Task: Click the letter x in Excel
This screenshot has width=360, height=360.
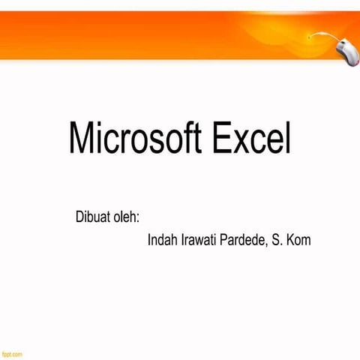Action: click(x=241, y=142)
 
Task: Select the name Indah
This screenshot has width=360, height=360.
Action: click(x=163, y=241)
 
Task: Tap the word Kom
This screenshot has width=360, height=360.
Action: click(x=298, y=241)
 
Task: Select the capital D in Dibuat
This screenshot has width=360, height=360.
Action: click(x=79, y=218)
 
